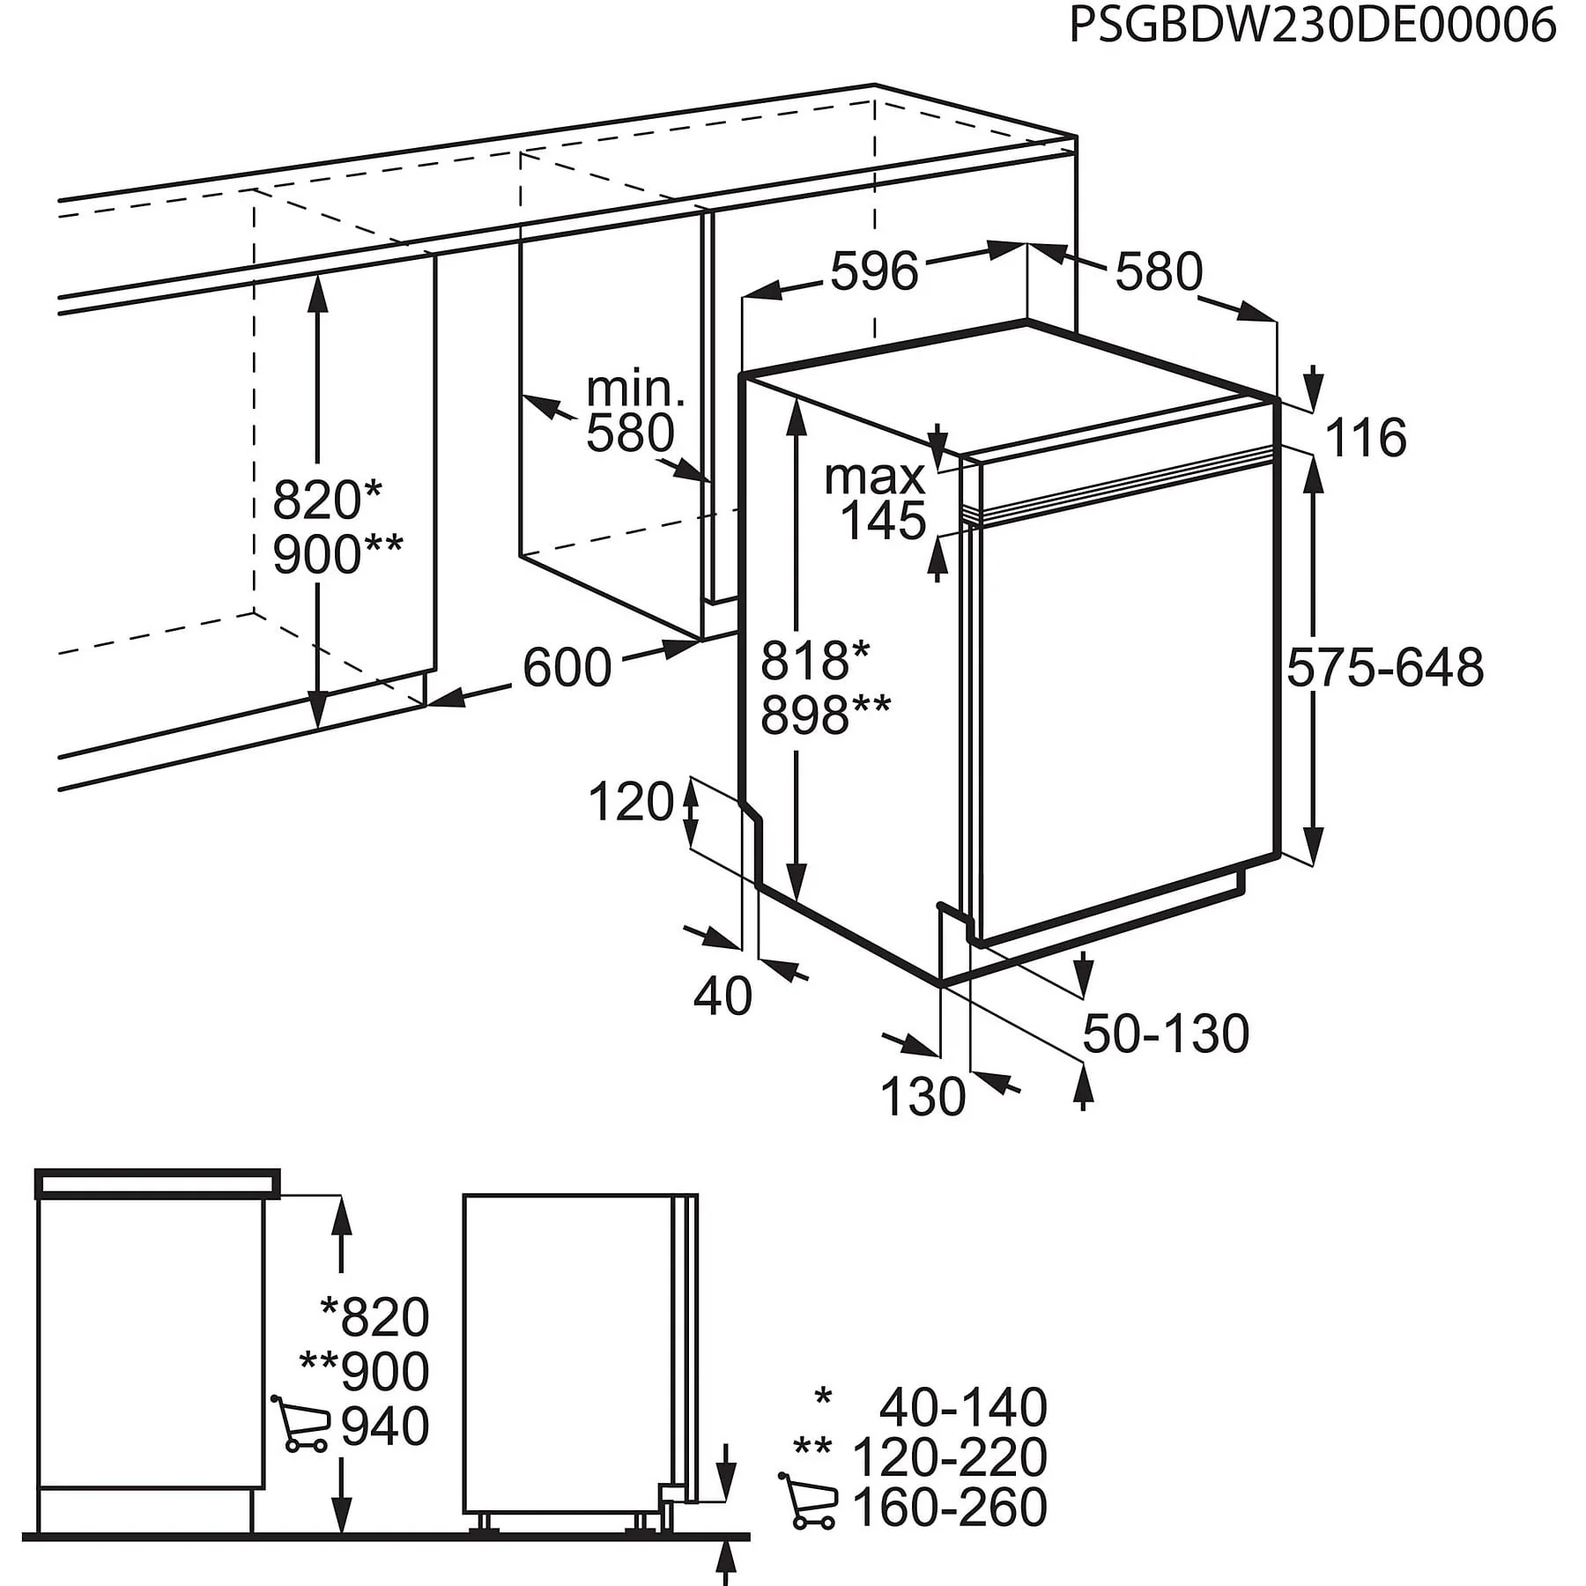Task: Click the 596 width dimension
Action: [874, 271]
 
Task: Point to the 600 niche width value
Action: [567, 667]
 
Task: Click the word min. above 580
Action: [635, 389]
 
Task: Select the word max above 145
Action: [875, 478]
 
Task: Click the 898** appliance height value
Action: [826, 715]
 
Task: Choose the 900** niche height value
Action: [337, 554]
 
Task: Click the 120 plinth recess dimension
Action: [631, 803]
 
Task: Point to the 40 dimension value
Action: [723, 997]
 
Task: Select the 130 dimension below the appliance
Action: [923, 1097]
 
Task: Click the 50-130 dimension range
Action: [1166, 1034]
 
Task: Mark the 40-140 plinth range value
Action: [963, 1407]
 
